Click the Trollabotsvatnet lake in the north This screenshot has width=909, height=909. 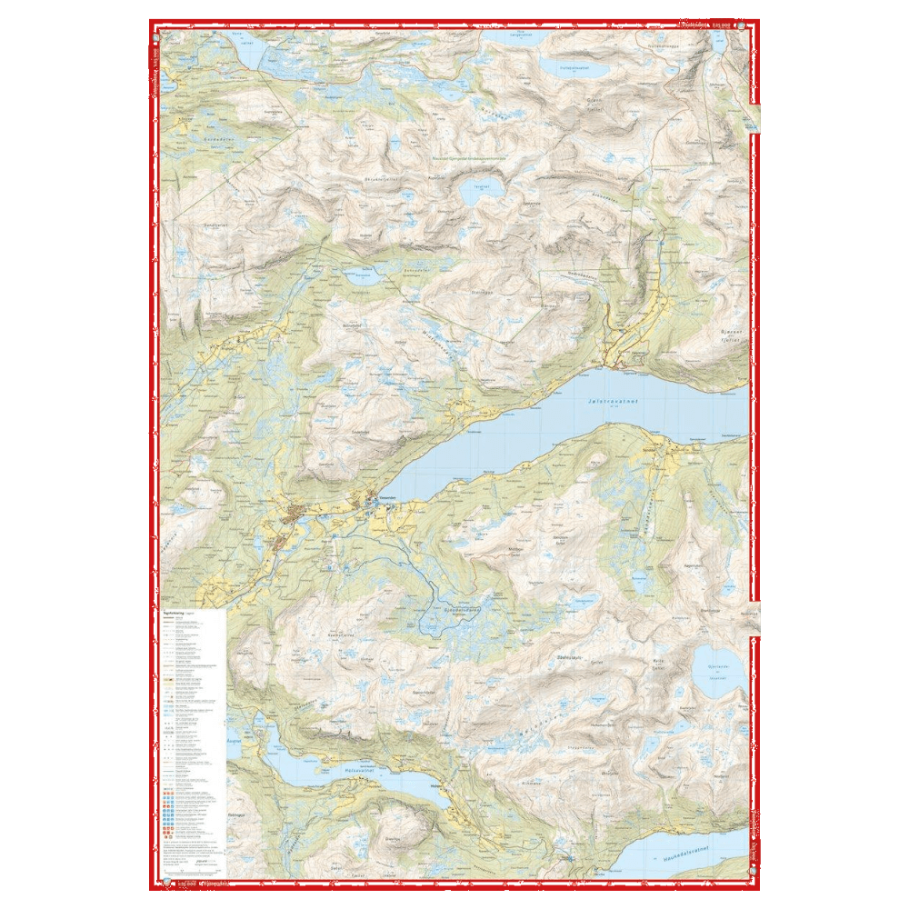pos(570,66)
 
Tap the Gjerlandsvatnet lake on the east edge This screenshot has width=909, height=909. pos(716,671)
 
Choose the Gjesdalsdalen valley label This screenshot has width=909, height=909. pos(452,612)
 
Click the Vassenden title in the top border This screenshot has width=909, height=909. pos(695,25)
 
